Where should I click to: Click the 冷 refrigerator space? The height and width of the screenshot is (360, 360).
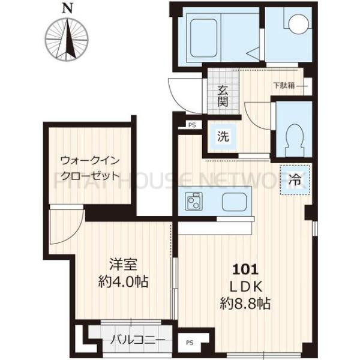[x=295, y=178]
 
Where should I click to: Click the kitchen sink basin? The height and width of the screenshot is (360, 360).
[x=235, y=201]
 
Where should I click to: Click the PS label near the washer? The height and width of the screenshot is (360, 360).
[x=191, y=125]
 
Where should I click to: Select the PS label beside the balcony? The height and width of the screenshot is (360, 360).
[x=190, y=344]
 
